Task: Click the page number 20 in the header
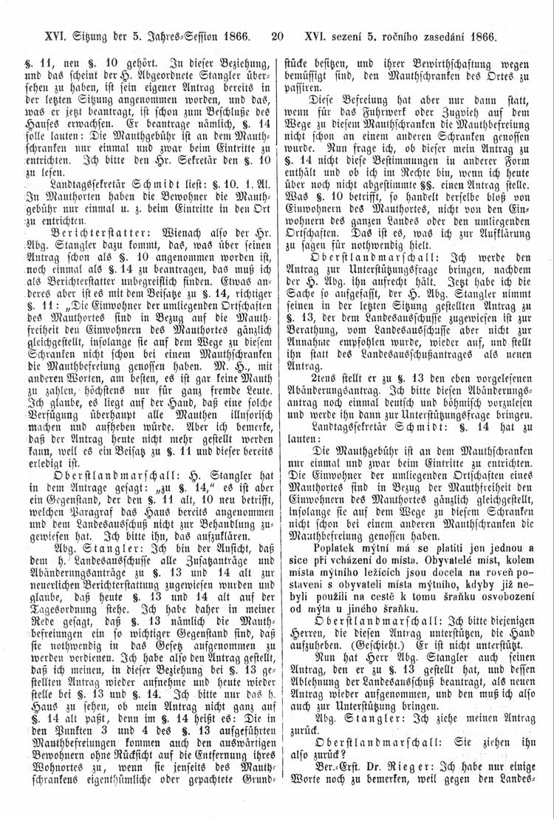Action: (278, 35)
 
